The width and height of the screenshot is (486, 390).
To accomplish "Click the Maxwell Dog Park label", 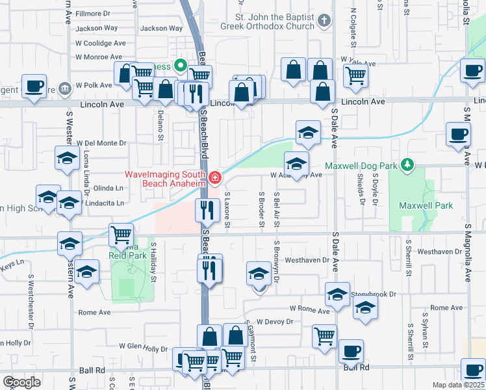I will [x=361, y=166].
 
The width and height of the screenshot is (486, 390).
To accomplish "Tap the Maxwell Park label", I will [x=434, y=205].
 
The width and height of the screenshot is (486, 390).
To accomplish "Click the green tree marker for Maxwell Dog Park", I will [x=407, y=164].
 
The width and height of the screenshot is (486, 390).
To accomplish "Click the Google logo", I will [x=22, y=382].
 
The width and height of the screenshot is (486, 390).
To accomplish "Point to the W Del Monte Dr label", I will [x=101, y=143].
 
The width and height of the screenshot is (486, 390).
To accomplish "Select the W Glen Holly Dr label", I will [x=143, y=348].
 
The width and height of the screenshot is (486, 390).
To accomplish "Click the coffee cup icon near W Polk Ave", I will [x=33, y=86].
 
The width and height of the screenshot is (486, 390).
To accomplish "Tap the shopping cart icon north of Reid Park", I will [x=122, y=235].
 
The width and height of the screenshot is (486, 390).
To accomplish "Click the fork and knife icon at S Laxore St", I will [x=207, y=210].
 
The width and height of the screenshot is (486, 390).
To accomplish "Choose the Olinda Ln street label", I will [x=109, y=188].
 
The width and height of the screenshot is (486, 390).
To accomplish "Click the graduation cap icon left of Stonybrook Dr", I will [x=337, y=294].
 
